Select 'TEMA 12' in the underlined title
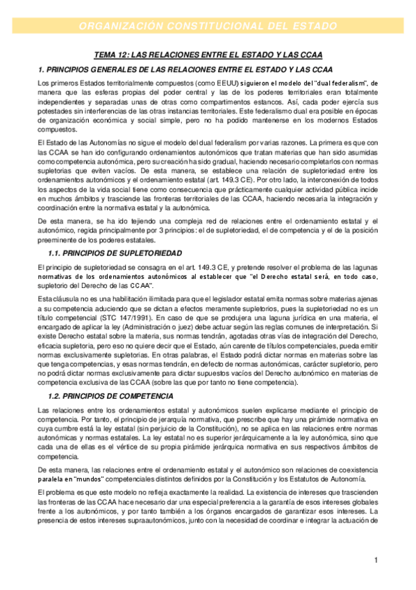point(111,56)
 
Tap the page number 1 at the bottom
point(375,560)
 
